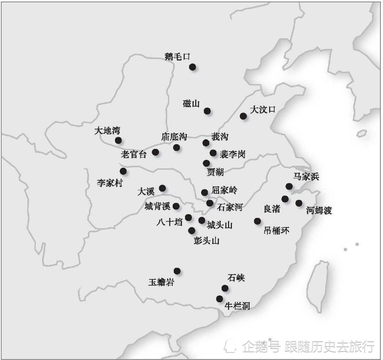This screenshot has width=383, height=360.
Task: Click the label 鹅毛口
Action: tap(177, 57)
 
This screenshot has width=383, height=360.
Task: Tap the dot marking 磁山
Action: tap(207, 111)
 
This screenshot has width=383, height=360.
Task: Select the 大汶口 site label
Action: tap(262, 110)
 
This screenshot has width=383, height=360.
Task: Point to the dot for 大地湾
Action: tap(118, 140)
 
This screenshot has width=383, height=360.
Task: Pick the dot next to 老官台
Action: tap(155, 152)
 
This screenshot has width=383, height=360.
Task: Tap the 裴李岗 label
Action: tap(232, 154)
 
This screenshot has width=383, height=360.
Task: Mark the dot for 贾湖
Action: tap(206, 163)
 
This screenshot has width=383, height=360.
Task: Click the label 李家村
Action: tap(110, 183)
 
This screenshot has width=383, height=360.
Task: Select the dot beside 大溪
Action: tap(162, 188)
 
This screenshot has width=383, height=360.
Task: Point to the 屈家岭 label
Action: tap(224, 190)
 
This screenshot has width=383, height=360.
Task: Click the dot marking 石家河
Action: tap(210, 203)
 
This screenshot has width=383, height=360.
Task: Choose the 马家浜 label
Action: tap(306, 176)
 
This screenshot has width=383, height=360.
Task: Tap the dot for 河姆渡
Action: tap(299, 203)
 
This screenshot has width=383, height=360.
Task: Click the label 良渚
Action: tap(272, 209)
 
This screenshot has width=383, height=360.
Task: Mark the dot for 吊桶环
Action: tap(257, 221)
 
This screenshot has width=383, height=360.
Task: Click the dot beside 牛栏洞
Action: tap(219, 298)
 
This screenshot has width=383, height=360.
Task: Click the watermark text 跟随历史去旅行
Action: tap(329, 347)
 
